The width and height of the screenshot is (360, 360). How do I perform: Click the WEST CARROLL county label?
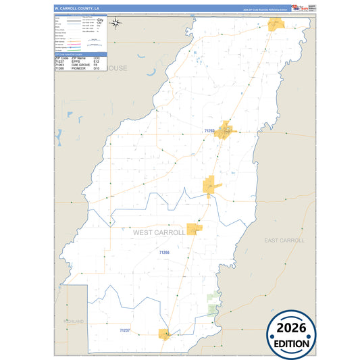(x=159, y=232)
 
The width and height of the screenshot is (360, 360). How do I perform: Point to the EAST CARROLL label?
(x=284, y=240)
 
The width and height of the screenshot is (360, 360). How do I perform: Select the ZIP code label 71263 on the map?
(x=209, y=130)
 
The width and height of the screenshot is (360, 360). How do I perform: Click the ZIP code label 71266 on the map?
(x=164, y=253)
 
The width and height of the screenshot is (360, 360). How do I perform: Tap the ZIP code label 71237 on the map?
(x=124, y=330)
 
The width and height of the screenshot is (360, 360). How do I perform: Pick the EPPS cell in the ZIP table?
(x=72, y=61)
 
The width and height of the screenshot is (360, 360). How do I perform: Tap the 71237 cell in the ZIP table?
(x=59, y=61)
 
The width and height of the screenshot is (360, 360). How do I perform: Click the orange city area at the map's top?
(x=276, y=24)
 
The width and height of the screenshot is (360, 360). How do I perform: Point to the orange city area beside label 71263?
(x=225, y=129)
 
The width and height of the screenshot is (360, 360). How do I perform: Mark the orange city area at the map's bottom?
(x=163, y=333)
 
